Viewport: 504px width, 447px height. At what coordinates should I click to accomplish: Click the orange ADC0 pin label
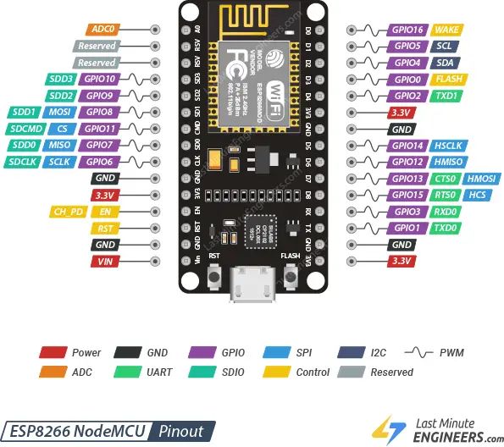[105, 28]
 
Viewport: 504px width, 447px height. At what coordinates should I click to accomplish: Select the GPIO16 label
[407, 29]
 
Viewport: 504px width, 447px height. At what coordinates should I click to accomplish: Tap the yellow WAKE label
[446, 29]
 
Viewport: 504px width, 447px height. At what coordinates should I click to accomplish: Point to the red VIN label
[105, 262]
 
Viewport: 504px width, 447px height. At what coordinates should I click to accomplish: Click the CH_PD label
[68, 212]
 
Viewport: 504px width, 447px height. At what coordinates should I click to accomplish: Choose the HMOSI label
[482, 179]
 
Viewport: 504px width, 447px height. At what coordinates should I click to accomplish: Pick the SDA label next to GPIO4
[444, 63]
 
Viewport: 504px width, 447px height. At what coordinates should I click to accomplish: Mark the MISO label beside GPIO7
[58, 145]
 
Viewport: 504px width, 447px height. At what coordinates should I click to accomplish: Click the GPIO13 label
[407, 179]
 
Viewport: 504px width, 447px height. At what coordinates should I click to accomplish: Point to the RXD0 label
[446, 212]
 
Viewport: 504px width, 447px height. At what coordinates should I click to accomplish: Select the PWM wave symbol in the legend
[420, 352]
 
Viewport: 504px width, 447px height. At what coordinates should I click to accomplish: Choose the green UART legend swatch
[130, 372]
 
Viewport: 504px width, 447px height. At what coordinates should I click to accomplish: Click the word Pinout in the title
[180, 430]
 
